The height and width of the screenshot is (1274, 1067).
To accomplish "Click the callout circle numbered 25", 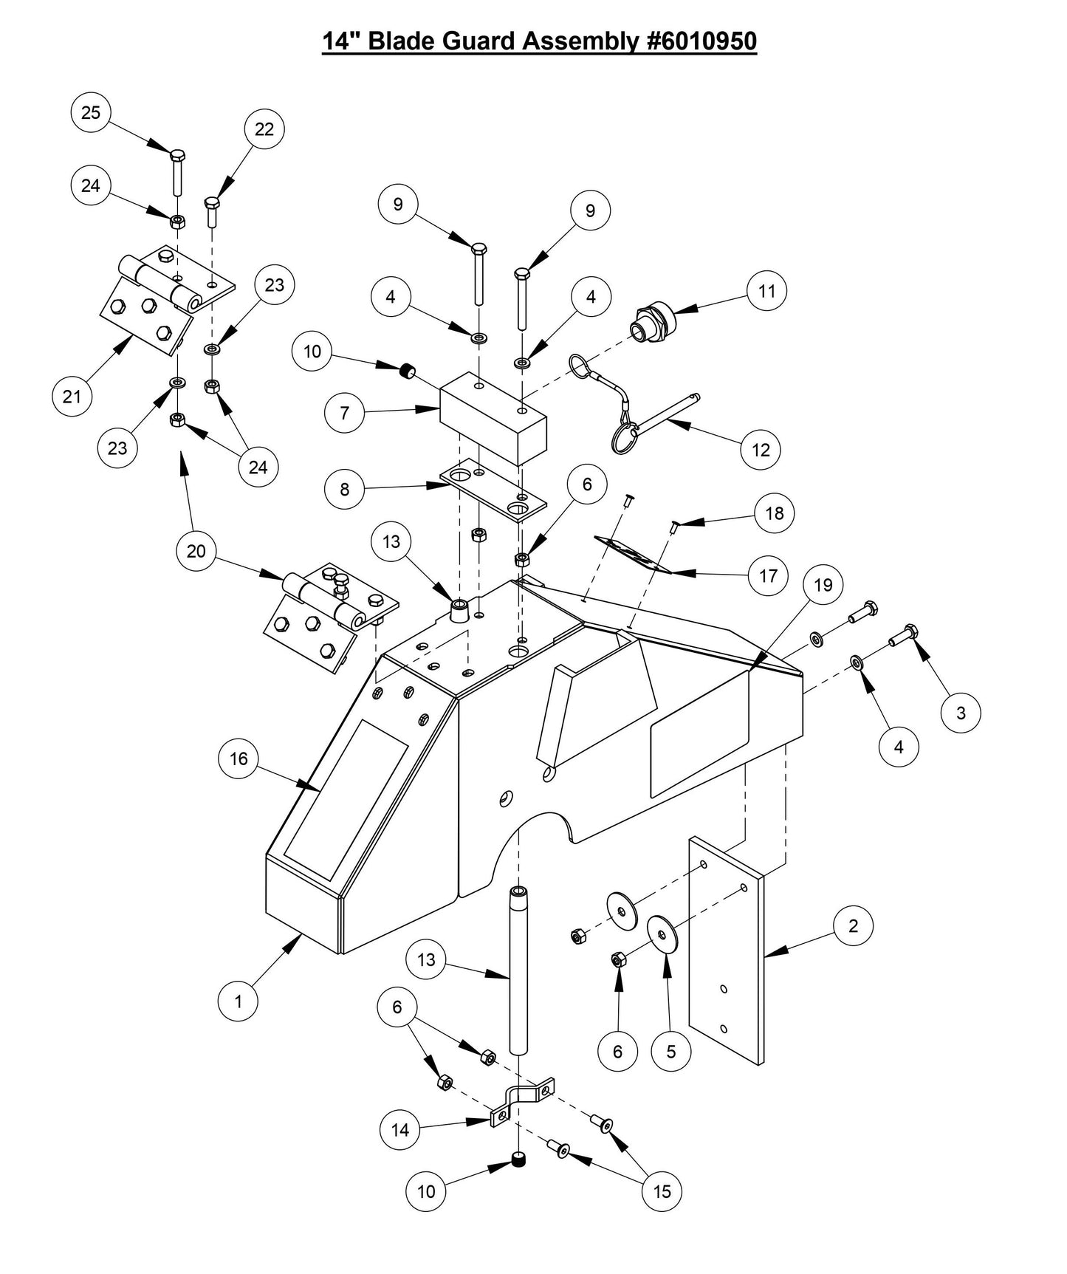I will [x=91, y=113].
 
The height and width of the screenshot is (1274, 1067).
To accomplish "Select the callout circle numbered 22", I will [x=264, y=129].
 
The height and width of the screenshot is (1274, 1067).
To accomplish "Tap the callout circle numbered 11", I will [x=767, y=291].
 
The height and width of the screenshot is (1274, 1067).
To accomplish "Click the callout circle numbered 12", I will [x=761, y=450].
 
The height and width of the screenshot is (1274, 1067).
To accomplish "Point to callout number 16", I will [x=239, y=759].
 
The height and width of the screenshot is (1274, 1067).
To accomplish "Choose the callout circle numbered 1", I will [x=238, y=1002].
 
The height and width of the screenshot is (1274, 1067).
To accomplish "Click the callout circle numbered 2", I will [x=854, y=925].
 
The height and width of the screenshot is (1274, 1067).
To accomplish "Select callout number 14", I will [x=399, y=1129].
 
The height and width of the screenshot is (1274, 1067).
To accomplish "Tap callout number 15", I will [x=662, y=1191].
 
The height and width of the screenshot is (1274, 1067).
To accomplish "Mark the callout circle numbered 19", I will [x=823, y=585].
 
